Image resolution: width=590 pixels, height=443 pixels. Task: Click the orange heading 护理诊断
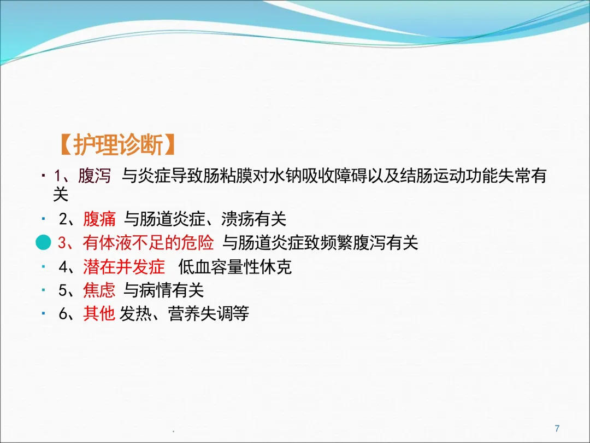117,144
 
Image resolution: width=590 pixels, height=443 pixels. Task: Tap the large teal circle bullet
43,242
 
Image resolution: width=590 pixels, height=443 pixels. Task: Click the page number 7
557,428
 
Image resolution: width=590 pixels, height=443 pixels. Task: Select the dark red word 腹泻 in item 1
95,176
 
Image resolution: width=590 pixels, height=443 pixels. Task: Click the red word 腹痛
99,219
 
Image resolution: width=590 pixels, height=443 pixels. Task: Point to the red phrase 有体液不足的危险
148,242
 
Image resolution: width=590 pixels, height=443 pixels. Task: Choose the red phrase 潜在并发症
124,267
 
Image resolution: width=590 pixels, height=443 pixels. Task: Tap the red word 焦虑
99,290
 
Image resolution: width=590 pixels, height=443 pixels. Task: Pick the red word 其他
99,313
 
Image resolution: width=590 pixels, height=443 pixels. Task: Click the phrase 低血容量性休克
235,267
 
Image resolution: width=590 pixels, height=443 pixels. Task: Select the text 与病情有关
164,290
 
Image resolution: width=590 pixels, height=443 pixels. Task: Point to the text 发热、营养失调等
184,313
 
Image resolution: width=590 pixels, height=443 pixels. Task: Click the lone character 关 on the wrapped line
61,194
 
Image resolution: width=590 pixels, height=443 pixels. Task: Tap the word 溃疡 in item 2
238,219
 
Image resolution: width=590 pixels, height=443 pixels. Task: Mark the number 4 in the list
63,267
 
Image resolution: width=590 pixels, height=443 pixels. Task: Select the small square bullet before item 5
44,290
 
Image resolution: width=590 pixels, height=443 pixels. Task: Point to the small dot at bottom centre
174,430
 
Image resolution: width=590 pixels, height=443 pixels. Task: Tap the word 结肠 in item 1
416,176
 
